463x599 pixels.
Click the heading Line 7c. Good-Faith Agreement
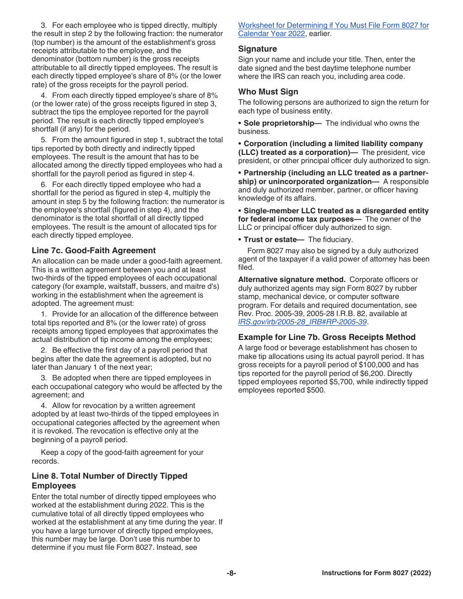click(94, 250)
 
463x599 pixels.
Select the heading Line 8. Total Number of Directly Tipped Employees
click(109, 481)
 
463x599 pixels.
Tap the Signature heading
click(257, 49)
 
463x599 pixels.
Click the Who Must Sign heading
click(268, 92)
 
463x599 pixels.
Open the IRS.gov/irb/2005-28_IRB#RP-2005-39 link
click(302, 322)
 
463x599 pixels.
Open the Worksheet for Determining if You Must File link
click(333, 25)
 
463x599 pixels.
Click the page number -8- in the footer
click(231, 573)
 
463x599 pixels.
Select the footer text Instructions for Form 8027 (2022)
click(376, 573)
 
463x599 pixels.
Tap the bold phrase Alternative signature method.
click(291, 280)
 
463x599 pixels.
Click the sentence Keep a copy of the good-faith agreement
click(122, 452)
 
